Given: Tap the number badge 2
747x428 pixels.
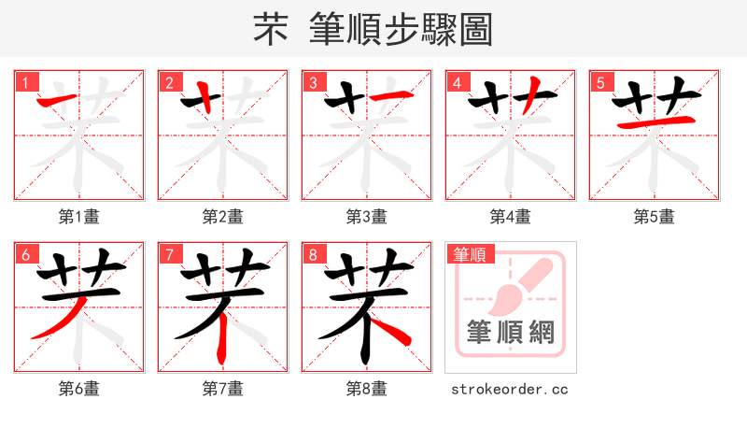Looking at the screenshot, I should [x=169, y=83].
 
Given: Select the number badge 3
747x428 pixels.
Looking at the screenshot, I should [x=313, y=83].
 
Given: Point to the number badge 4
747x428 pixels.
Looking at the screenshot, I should [x=457, y=83].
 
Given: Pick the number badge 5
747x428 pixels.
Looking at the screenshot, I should [x=600, y=83].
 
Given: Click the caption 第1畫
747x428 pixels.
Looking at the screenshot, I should [x=79, y=217].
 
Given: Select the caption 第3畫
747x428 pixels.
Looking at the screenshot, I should [x=367, y=217].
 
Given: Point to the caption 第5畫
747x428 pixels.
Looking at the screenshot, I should [x=655, y=217].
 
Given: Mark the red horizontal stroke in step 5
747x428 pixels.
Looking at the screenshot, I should [x=654, y=122].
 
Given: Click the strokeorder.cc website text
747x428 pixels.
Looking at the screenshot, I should [x=510, y=389].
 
